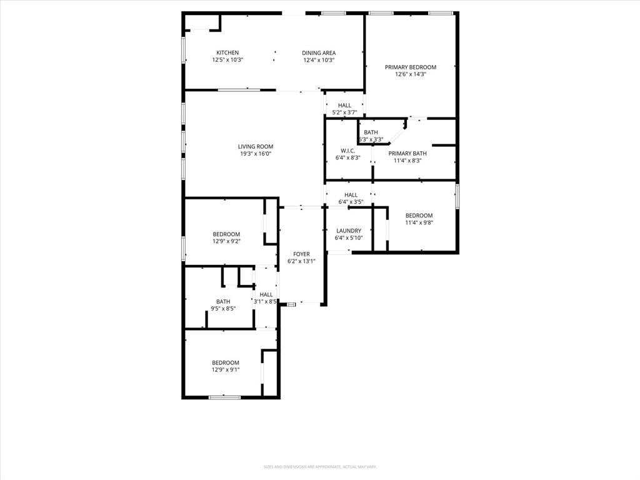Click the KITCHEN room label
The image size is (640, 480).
227,52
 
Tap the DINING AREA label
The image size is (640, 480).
319,52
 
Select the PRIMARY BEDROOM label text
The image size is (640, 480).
410,67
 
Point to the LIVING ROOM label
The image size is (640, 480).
256,146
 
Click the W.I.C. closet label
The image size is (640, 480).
348,151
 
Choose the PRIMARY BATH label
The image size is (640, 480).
407,153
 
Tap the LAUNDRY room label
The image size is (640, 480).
349,231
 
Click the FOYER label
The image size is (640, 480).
301,254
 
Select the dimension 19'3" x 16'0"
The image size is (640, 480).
256,154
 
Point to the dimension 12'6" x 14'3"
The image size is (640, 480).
410,74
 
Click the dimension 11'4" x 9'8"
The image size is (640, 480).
419,222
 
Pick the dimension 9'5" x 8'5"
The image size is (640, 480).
223,308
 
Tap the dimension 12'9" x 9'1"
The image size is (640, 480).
225,369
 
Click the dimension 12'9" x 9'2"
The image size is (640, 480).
226,241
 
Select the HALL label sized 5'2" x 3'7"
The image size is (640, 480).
344,105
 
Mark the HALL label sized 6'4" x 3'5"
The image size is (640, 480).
351,195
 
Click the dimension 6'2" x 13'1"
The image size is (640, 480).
301,261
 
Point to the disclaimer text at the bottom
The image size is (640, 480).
319,466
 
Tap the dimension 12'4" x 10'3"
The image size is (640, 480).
319,60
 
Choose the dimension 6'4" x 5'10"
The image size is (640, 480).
349,237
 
